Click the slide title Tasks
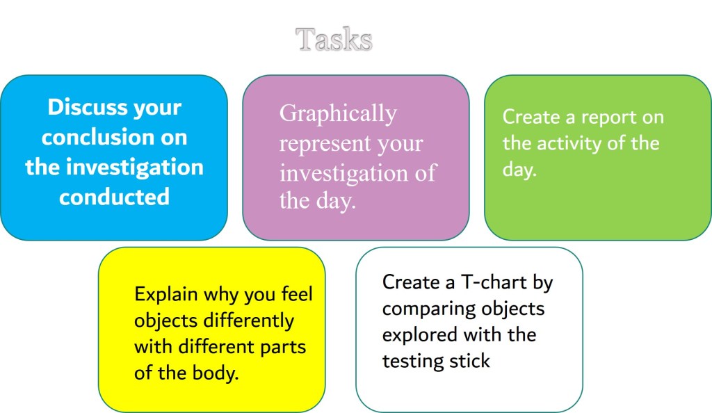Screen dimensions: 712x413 (334, 39)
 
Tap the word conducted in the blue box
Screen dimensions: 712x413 (115, 197)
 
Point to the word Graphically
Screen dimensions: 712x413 (338, 114)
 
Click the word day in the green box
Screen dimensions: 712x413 (519, 169)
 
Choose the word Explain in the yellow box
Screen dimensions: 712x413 (165, 295)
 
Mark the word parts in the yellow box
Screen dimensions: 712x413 (283, 348)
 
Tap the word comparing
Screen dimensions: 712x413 (429, 309)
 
